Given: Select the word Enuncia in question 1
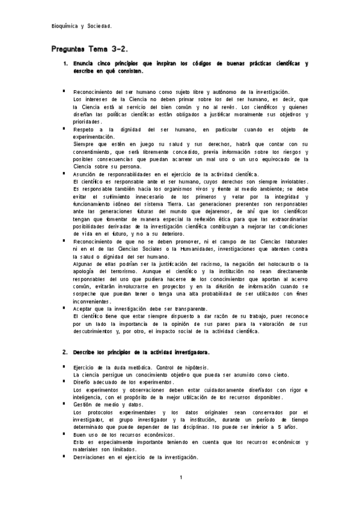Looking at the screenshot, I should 84,63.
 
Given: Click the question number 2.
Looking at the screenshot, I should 65,351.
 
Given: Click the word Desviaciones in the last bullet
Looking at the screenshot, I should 92,457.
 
